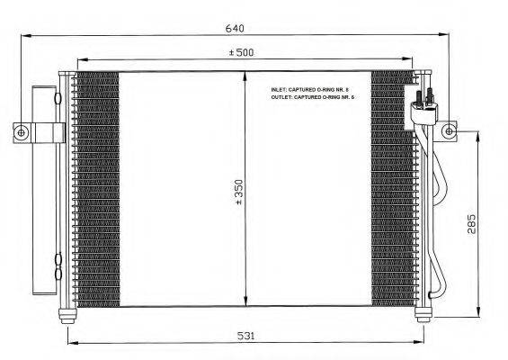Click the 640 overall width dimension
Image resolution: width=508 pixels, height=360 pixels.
click(231, 27)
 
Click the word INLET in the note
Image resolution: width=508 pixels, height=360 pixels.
click(280, 90)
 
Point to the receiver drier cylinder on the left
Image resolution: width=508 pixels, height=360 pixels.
click(40, 189)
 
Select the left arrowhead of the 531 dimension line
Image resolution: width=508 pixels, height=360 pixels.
click(69, 342)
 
